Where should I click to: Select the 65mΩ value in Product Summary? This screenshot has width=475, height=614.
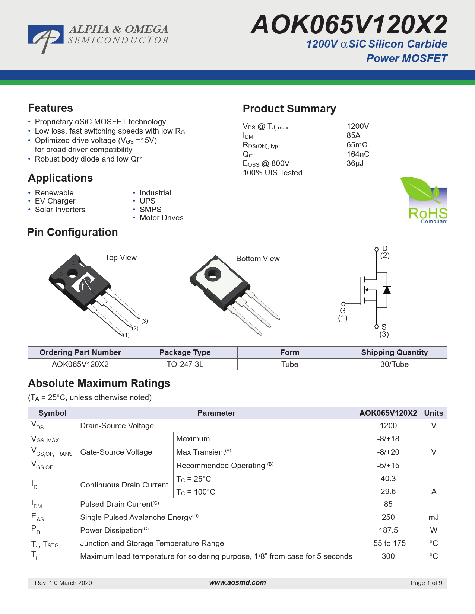[357, 145]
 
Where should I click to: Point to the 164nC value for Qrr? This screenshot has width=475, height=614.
[358, 154]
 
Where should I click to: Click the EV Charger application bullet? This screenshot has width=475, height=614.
[55, 201]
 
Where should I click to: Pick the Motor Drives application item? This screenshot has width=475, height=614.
[161, 218]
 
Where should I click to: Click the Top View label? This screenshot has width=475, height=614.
[121, 258]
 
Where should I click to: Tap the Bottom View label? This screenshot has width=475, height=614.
[258, 259]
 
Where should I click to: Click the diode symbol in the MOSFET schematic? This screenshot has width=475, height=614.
[387, 290]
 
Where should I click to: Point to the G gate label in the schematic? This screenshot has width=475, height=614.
[343, 311]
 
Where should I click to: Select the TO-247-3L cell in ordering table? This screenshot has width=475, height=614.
[185, 364]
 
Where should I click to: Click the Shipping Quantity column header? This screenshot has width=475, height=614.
[394, 352]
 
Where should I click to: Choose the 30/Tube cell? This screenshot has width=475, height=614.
[394, 364]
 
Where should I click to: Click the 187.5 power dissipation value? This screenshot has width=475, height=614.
[388, 530]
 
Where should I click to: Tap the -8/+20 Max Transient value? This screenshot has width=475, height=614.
[388, 452]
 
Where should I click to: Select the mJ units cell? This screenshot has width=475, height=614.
[434, 517]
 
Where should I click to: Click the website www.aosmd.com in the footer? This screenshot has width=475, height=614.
[237, 583]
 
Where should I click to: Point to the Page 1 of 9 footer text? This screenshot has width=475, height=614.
[426, 583]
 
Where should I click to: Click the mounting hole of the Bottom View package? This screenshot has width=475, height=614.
[213, 275]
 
